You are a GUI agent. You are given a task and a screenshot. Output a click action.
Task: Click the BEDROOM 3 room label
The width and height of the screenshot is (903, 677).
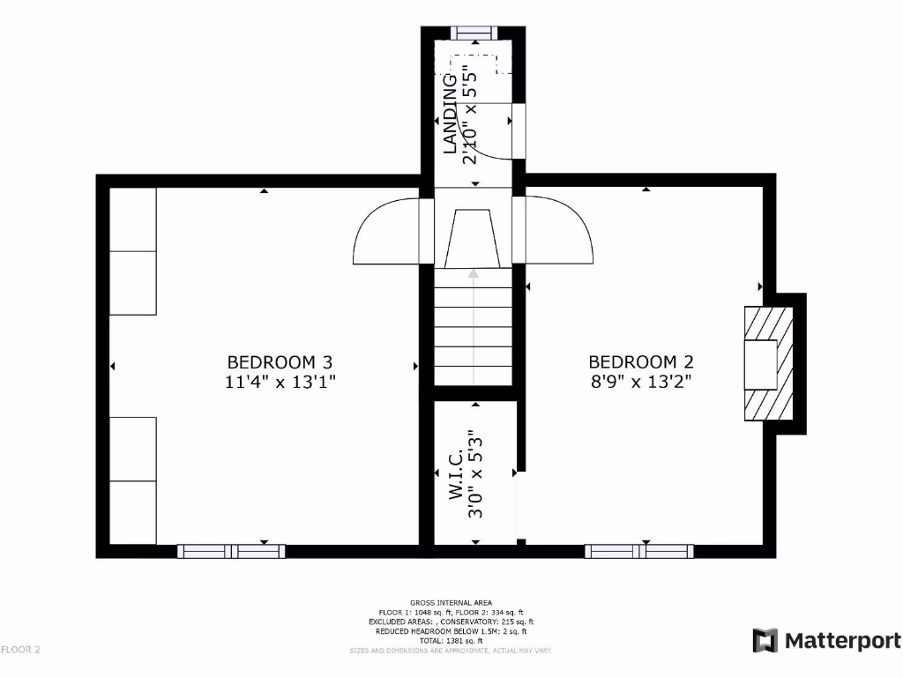point(280,361)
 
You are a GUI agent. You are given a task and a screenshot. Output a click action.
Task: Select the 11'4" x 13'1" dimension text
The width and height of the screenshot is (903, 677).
point(280,382)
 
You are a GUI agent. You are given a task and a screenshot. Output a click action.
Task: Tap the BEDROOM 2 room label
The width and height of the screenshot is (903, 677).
point(641,361)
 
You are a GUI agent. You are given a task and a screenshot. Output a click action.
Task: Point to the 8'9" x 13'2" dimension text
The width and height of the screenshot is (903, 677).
point(641,382)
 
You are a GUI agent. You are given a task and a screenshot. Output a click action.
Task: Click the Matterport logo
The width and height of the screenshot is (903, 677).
point(826,641)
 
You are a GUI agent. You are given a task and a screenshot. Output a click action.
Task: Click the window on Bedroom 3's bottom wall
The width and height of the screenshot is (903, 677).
point(231,552)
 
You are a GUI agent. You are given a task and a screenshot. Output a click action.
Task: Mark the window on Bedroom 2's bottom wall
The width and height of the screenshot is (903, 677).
point(639,552)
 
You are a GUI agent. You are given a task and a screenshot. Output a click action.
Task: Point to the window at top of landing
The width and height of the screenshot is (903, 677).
point(474,33)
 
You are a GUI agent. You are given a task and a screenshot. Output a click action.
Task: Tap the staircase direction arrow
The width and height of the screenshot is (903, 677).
point(474,326)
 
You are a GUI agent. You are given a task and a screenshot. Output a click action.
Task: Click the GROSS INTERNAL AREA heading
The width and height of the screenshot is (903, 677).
point(451,603)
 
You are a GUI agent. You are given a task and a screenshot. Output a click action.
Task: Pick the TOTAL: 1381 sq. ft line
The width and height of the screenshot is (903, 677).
point(451,641)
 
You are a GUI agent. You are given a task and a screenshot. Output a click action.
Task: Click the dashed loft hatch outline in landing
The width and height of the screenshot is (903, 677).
point(477,63)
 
